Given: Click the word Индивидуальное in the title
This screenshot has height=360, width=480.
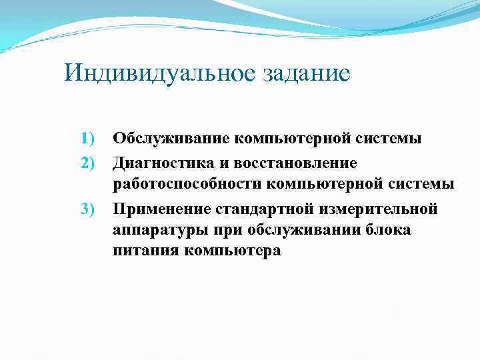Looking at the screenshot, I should [x=157, y=73].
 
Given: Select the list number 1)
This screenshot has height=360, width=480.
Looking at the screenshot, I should [x=89, y=139].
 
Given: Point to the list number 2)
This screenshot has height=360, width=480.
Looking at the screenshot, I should [x=89, y=163].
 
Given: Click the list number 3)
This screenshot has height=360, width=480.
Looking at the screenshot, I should [x=89, y=210].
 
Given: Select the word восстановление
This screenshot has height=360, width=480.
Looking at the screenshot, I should [x=295, y=163].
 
